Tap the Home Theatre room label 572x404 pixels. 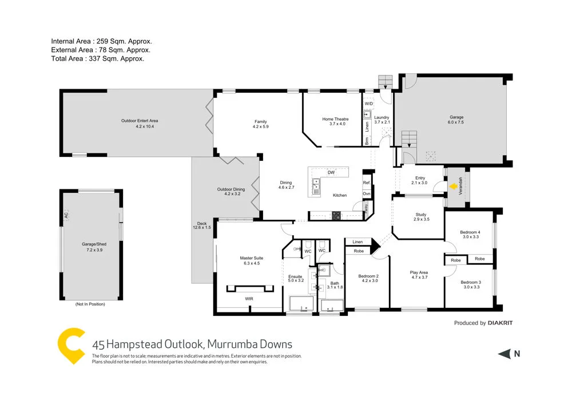point(335,121)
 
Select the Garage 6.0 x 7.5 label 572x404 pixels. point(456,119)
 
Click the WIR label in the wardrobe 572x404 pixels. point(249,299)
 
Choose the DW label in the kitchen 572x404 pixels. point(331,172)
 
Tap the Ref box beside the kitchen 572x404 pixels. point(367,183)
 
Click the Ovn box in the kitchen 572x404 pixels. point(367,194)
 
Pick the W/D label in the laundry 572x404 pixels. point(368,104)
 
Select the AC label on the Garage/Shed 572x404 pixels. point(66,216)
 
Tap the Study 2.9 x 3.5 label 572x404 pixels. point(421,217)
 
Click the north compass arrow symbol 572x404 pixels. point(504,354)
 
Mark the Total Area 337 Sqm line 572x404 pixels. point(97,58)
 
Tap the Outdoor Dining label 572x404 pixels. point(231,191)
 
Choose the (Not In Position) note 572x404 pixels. point(90,304)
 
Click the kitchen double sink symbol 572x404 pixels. point(316,184)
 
